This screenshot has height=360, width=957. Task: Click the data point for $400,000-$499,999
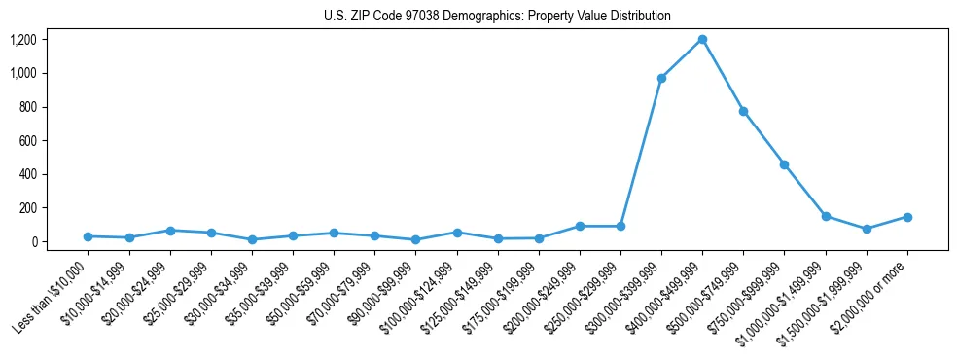(702, 40)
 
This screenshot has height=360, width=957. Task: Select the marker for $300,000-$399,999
(661, 78)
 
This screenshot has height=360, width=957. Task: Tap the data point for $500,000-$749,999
(743, 111)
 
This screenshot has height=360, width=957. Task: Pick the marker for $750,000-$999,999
(784, 164)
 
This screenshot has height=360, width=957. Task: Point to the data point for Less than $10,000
(89, 236)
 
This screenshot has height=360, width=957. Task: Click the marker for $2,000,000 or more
(906, 217)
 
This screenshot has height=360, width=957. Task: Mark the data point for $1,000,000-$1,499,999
(826, 216)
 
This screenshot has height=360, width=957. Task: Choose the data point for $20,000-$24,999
(170, 231)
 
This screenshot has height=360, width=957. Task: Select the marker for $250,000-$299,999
(620, 226)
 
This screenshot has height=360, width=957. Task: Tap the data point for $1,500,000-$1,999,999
(867, 229)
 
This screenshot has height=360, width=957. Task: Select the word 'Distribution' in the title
(640, 17)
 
